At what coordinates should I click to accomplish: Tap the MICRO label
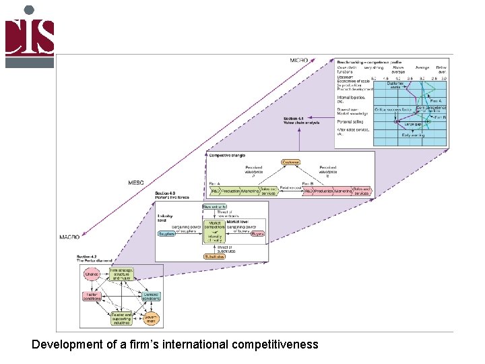click(298, 61)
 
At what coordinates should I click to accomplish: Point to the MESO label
click(135, 183)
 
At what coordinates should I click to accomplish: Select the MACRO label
click(69, 237)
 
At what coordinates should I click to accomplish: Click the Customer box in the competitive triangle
click(290, 162)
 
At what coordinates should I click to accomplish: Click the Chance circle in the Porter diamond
click(91, 274)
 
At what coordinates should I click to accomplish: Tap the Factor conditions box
click(92, 296)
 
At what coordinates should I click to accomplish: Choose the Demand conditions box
click(151, 296)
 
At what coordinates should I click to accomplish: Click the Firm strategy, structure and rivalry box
click(121, 274)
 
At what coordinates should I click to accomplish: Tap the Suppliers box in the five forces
click(166, 234)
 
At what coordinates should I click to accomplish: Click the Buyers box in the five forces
click(257, 234)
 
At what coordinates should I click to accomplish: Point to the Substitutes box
click(214, 256)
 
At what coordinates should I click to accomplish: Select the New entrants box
click(214, 207)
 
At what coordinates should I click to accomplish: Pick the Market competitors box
click(215, 224)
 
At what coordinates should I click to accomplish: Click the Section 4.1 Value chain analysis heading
click(302, 121)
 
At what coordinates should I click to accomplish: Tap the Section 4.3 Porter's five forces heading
click(172, 195)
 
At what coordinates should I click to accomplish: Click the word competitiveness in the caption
click(274, 345)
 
